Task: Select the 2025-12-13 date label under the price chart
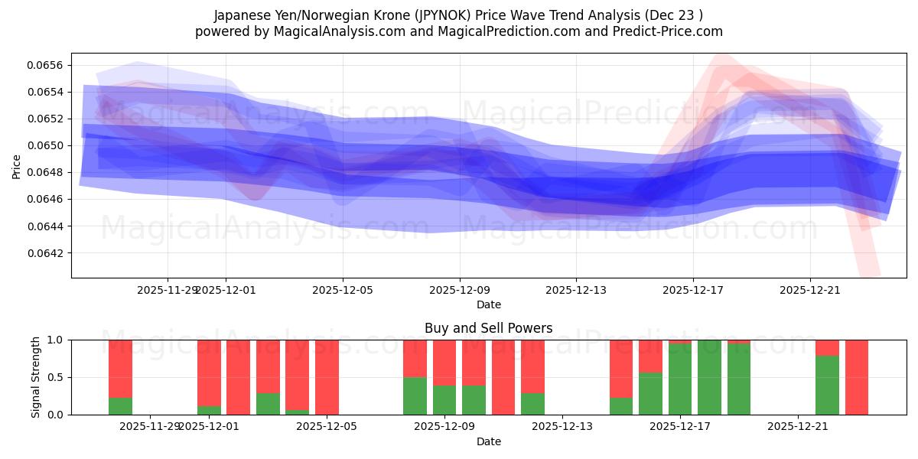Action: [x=576, y=290]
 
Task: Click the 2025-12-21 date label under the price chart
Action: [x=810, y=290]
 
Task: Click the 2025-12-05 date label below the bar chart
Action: [x=327, y=427]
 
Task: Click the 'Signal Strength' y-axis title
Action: [x=36, y=377]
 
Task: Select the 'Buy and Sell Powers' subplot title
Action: [x=489, y=328]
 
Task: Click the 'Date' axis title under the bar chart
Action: [x=489, y=441]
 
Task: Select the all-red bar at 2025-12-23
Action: [x=857, y=377]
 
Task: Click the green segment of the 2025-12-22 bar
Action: [x=827, y=386]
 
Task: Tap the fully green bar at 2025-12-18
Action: [x=709, y=377]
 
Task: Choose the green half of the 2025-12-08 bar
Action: [x=415, y=396]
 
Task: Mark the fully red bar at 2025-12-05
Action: [x=327, y=377]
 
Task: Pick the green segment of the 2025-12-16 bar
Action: [x=650, y=394]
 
